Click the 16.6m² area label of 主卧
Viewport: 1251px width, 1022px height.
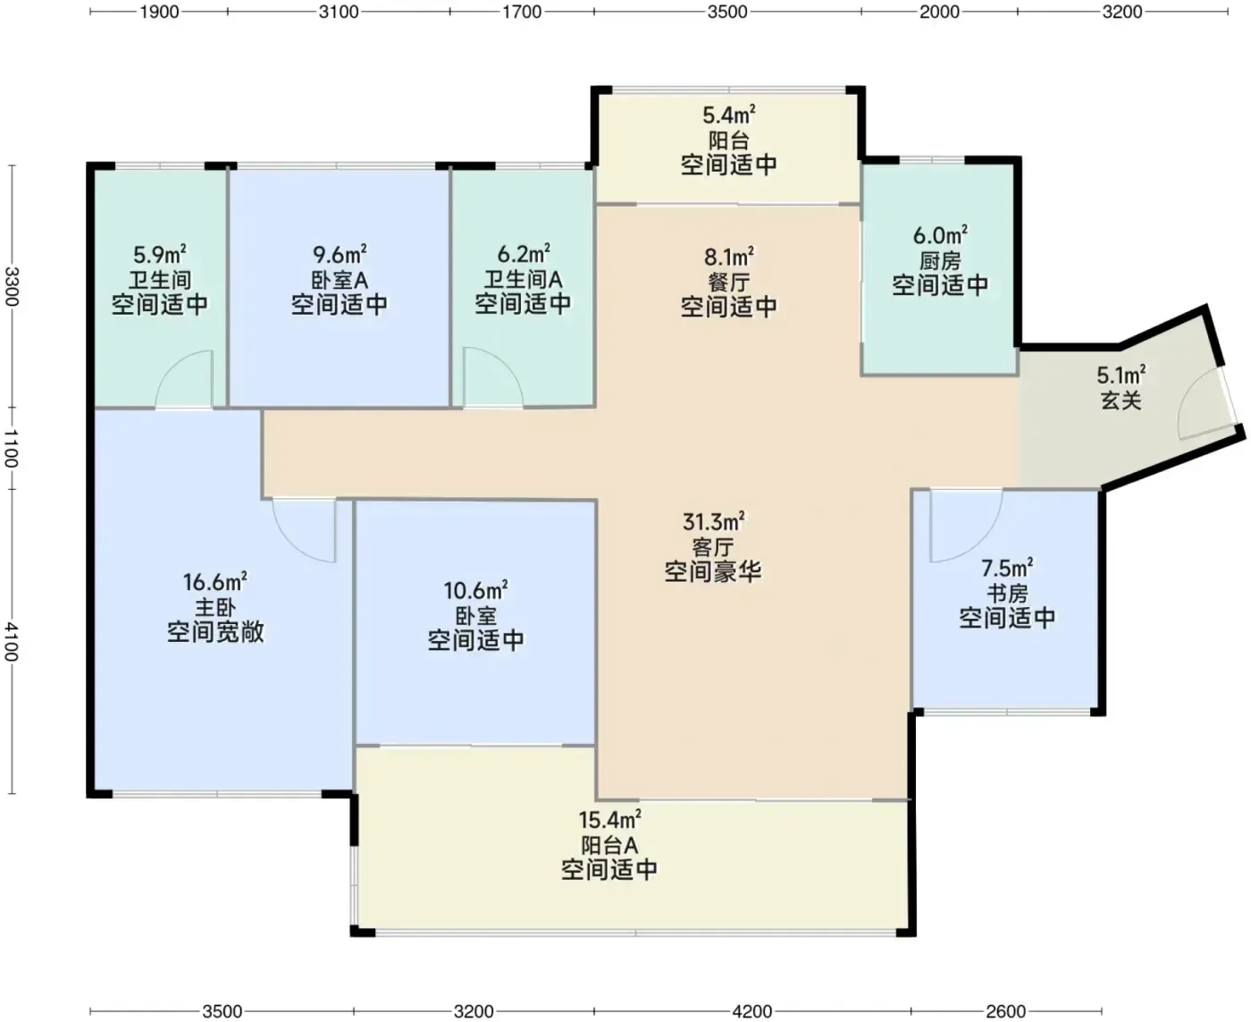pos(214,581)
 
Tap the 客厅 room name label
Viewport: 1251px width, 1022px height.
pos(712,546)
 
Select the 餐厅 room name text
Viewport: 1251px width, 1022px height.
pos(728,283)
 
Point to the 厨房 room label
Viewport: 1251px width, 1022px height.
pos(940,261)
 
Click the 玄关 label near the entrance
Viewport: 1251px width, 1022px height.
pos(1121,401)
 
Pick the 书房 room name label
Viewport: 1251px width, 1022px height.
pos(1007,594)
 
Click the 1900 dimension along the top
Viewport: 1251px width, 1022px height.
pos(159,12)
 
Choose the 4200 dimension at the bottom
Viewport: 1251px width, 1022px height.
pos(752,1010)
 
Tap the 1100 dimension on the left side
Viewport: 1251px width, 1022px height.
pos(12,448)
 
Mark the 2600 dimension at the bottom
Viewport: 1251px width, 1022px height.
pos(1006,1010)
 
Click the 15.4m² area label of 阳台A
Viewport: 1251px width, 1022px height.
pos(609,820)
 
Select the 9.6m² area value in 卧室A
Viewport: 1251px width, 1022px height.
pos(340,255)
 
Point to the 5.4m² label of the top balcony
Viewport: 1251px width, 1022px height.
pos(729,115)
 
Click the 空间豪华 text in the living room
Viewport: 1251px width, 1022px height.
pos(712,571)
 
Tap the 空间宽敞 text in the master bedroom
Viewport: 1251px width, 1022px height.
pos(214,631)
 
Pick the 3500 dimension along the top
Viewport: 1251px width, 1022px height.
pos(727,12)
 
